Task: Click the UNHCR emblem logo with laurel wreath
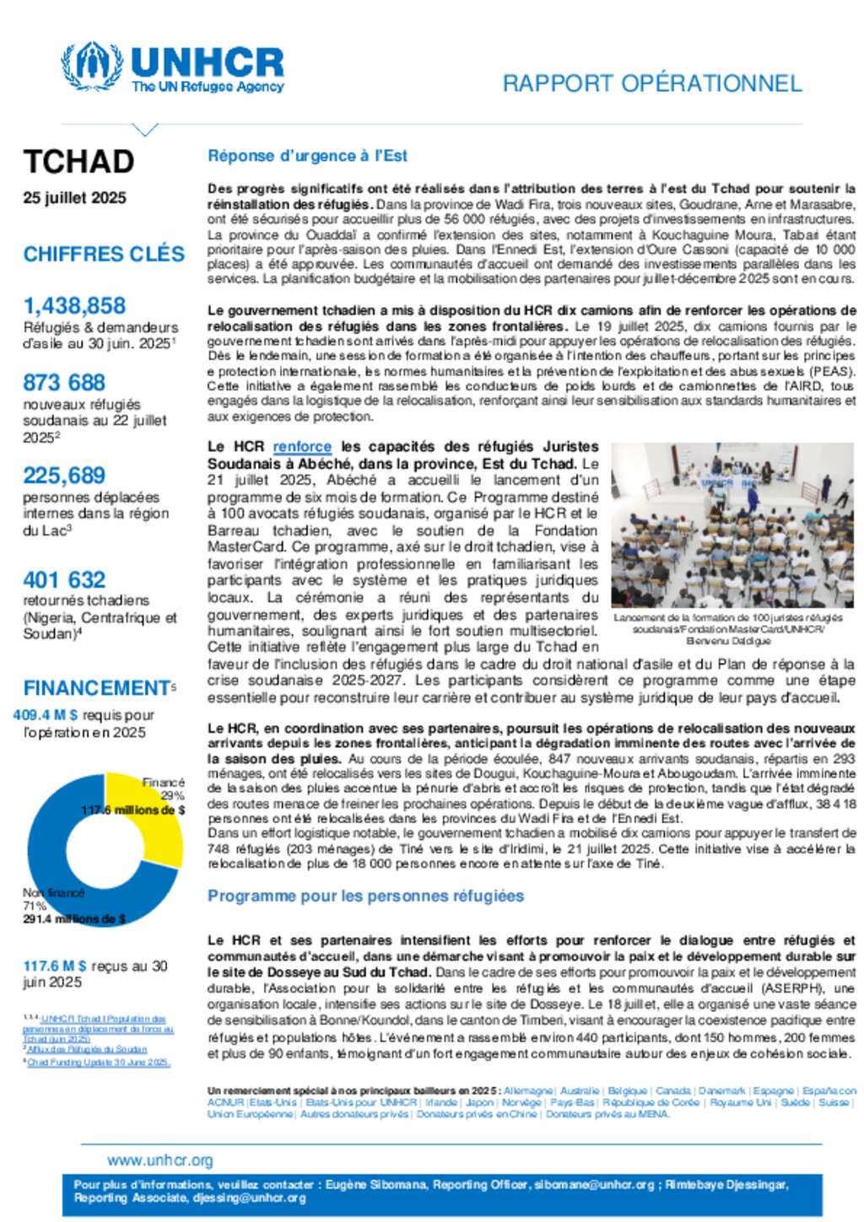click(92, 66)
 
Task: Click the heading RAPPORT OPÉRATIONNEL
click(651, 83)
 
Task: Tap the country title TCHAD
click(78, 162)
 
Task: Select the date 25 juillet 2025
click(75, 198)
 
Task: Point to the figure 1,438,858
click(74, 306)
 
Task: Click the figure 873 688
click(64, 383)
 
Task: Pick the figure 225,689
click(64, 476)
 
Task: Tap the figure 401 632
click(64, 580)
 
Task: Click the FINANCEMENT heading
click(97, 688)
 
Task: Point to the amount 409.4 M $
click(46, 715)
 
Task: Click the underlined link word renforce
click(302, 447)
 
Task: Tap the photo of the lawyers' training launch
click(732, 525)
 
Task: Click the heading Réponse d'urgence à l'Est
click(307, 156)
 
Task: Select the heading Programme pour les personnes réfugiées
click(365, 896)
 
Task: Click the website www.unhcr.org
click(160, 1160)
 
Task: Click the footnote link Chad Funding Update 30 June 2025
click(99, 1063)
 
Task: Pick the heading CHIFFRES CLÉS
click(104, 254)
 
